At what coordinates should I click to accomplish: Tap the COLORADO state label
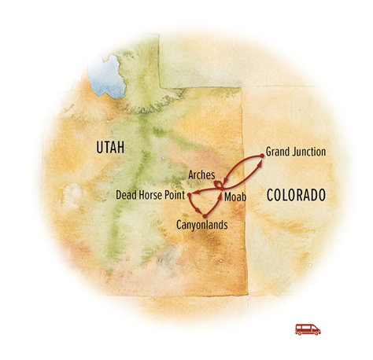[295, 194]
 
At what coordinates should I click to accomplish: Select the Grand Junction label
[295, 152]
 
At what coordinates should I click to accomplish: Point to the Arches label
[202, 174]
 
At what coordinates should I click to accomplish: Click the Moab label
[235, 196]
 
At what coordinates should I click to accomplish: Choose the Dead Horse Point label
[150, 194]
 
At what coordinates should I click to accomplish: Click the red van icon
[308, 329]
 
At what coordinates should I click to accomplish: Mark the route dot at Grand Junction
[260, 156]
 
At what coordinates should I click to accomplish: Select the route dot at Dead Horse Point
[190, 193]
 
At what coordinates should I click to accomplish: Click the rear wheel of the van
[301, 333]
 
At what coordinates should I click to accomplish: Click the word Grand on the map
[278, 152]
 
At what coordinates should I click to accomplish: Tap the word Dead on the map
[126, 194]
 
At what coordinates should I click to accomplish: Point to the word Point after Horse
[175, 194]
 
